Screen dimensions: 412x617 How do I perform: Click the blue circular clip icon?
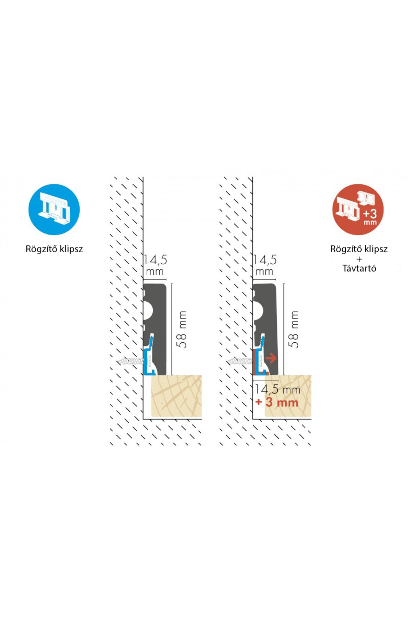54,209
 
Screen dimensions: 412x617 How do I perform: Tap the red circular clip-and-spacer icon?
358,209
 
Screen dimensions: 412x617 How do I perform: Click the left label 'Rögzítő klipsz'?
54,249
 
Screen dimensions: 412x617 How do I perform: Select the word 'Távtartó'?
359,268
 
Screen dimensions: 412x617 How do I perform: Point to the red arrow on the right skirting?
271,358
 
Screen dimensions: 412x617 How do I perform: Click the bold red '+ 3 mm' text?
277,402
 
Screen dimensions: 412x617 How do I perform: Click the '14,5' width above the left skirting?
155,260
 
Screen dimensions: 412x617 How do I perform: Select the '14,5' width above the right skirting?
265,260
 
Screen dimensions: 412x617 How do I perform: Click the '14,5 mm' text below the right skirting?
277,389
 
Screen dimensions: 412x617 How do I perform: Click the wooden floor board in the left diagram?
176,396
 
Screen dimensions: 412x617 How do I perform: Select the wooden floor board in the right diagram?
288,396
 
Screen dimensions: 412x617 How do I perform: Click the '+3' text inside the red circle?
370,214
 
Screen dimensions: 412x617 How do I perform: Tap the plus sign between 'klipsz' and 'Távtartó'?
359,259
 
